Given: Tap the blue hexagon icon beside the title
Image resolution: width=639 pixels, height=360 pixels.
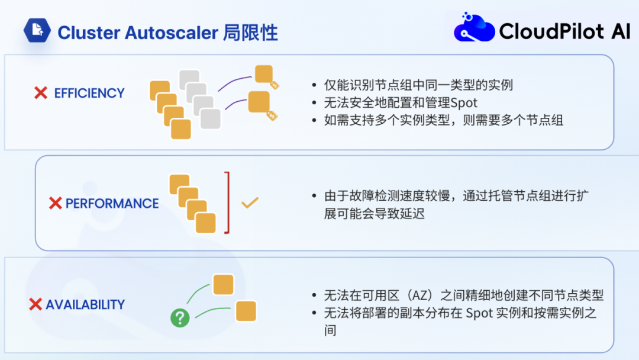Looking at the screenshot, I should pos(37,31).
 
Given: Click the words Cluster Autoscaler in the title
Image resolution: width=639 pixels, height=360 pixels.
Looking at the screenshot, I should pos(138,32).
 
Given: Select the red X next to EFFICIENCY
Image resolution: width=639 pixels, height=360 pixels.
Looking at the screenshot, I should pos(41,93).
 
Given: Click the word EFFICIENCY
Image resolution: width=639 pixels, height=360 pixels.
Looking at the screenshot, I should pos(89,93).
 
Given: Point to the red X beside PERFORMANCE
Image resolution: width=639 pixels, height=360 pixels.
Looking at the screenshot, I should pos(56,204).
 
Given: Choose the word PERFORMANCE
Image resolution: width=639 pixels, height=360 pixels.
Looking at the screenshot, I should pos(112,204).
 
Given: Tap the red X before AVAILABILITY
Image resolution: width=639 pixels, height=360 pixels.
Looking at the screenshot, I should pos(35,304).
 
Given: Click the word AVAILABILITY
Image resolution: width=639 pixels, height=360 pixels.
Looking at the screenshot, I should pos(85,304).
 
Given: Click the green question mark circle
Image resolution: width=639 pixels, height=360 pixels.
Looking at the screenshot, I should pos(180,318).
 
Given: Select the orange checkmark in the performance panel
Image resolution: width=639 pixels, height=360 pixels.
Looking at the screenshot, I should pos(250,202).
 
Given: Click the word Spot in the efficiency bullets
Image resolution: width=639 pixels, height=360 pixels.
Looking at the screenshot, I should pos(464,102).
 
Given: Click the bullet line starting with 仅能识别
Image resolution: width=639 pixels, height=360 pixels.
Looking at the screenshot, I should pos(418,85).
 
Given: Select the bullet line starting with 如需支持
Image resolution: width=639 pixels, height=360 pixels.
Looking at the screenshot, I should pos(444,120).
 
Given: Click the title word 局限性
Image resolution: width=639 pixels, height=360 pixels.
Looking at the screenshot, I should pos(250,32).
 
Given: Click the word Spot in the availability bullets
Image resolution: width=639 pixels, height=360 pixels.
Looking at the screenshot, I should pos(479,313).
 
